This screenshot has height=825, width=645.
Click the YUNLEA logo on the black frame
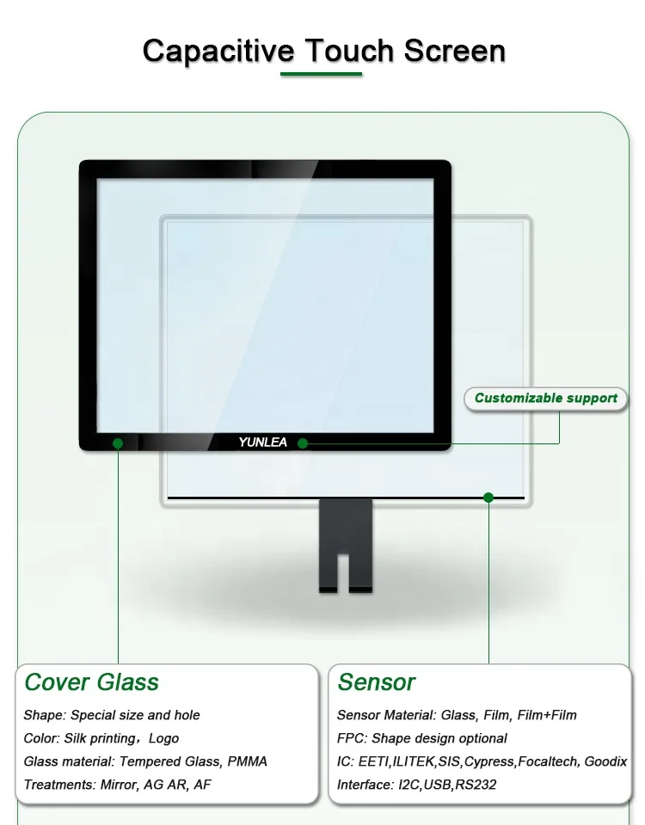pos(263,443)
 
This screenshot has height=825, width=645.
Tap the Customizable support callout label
pos(546,398)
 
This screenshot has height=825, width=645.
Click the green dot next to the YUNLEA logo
pos(303,443)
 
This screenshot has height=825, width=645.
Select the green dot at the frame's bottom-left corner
pos(118,443)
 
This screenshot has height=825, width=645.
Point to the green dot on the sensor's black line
pos(488,497)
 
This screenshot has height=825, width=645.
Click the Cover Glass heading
pos(92,682)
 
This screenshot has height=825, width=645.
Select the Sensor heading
pos(377,682)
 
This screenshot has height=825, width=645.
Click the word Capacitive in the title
pos(218,51)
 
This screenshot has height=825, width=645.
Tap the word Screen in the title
pos(455,51)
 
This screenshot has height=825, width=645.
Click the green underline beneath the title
pos(322,75)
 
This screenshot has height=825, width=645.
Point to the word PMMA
pos(248,761)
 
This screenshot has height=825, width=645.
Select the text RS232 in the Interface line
pos(477,785)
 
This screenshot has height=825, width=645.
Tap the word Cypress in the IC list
pos(489,761)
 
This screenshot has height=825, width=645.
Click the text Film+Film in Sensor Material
pos(547,715)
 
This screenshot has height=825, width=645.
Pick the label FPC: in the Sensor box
pos(353,738)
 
